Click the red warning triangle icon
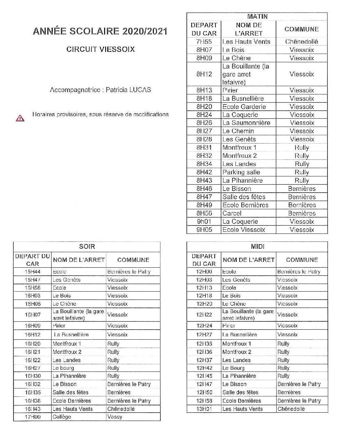coord(20,118)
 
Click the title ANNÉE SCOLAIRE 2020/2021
coord(100,31)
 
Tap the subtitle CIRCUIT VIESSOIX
coord(100,49)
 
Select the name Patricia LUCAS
coord(128,90)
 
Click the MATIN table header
coord(257,17)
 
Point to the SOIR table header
coord(87,247)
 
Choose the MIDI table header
coord(257,247)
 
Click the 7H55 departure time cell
coord(204,42)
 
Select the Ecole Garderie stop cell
coord(244,107)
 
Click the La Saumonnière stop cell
coord(246,123)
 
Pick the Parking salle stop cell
coord(241,172)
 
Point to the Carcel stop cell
coord(232,213)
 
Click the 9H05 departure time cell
coord(204,230)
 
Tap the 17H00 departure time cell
coord(33,417)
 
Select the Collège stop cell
coord(62,417)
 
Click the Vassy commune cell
coord(115,417)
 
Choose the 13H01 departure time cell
coord(204,409)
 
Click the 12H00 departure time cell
coord(204,272)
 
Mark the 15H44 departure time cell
coord(33,272)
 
